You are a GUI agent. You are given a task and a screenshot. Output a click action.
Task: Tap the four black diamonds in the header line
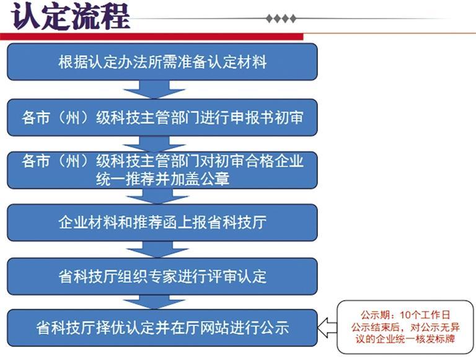(x=281, y=19)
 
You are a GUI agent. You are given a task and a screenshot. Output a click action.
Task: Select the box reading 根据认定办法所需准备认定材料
(x=162, y=62)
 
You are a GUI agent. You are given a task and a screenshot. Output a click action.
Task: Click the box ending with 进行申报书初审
(x=162, y=118)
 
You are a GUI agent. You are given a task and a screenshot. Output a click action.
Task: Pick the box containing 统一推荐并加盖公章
(x=162, y=170)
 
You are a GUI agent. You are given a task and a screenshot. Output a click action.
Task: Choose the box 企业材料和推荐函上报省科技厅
(x=162, y=222)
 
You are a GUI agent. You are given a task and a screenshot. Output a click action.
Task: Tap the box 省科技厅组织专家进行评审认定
(x=162, y=276)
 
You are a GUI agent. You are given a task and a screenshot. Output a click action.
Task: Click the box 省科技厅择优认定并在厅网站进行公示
(x=162, y=328)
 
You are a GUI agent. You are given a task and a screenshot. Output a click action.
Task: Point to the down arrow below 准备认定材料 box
(x=154, y=90)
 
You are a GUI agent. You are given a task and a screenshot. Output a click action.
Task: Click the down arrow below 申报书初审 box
(x=154, y=144)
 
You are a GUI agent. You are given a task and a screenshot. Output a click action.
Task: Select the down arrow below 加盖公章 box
(x=157, y=196)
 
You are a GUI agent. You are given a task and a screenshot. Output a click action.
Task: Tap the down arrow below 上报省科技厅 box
(x=157, y=250)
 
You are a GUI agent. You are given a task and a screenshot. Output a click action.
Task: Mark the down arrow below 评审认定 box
(x=154, y=302)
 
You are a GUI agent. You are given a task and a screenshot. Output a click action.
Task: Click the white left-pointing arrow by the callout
(x=327, y=328)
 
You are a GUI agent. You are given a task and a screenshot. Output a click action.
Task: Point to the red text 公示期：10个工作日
(x=405, y=315)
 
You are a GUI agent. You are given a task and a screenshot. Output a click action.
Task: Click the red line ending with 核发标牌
(x=405, y=339)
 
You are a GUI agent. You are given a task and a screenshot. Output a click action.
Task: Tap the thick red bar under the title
(x=152, y=37)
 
